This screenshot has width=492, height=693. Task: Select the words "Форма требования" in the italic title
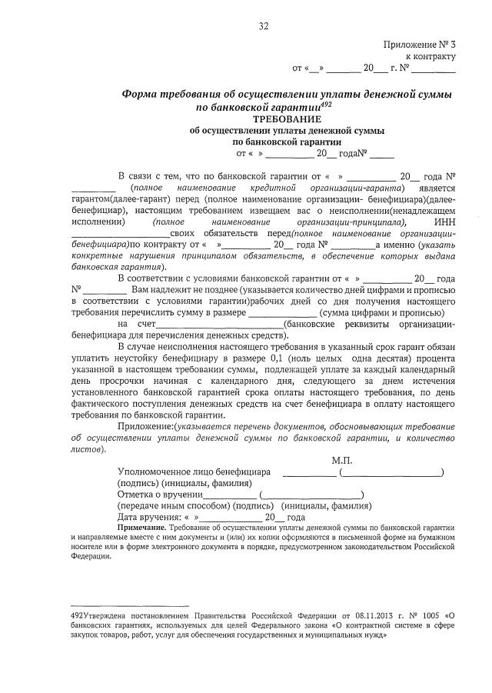click(x=168, y=94)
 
